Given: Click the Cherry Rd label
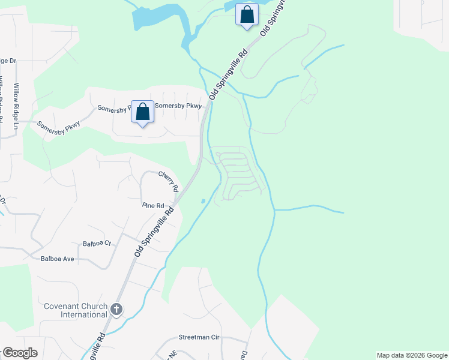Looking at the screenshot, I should [x=169, y=181].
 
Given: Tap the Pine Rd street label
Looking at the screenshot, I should [x=153, y=206].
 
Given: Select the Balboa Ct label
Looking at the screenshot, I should [x=97, y=244].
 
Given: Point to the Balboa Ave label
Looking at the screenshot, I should [x=57, y=259].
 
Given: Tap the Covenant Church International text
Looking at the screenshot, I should [x=75, y=310].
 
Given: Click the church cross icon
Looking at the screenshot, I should [x=116, y=310].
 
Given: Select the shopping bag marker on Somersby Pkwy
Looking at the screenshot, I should [x=142, y=112].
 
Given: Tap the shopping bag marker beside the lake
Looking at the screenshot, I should [x=247, y=15].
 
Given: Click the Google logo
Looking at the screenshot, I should [x=20, y=353].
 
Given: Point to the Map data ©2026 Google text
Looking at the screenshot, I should [x=412, y=355].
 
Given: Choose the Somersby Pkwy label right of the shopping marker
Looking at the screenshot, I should [x=179, y=106].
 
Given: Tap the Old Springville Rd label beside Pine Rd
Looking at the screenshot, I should [x=154, y=233].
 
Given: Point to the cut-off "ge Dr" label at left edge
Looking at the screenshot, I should [x=8, y=61].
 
